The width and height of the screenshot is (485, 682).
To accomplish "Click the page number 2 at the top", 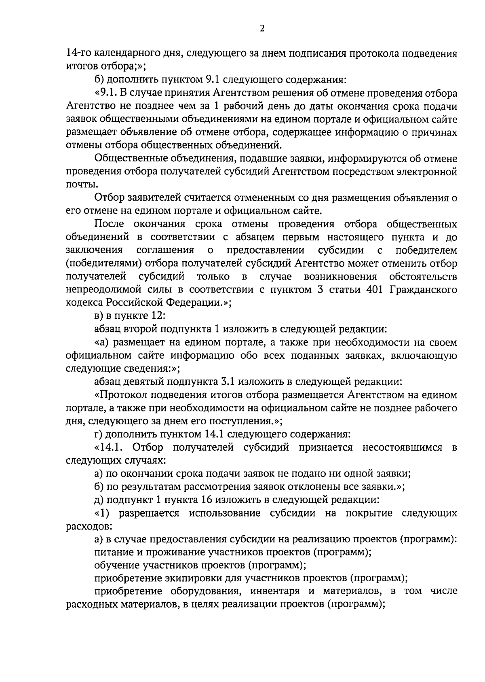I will point(262,29).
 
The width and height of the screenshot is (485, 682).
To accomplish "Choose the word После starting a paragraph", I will point(109,224).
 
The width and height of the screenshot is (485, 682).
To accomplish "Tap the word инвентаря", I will point(275,592).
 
